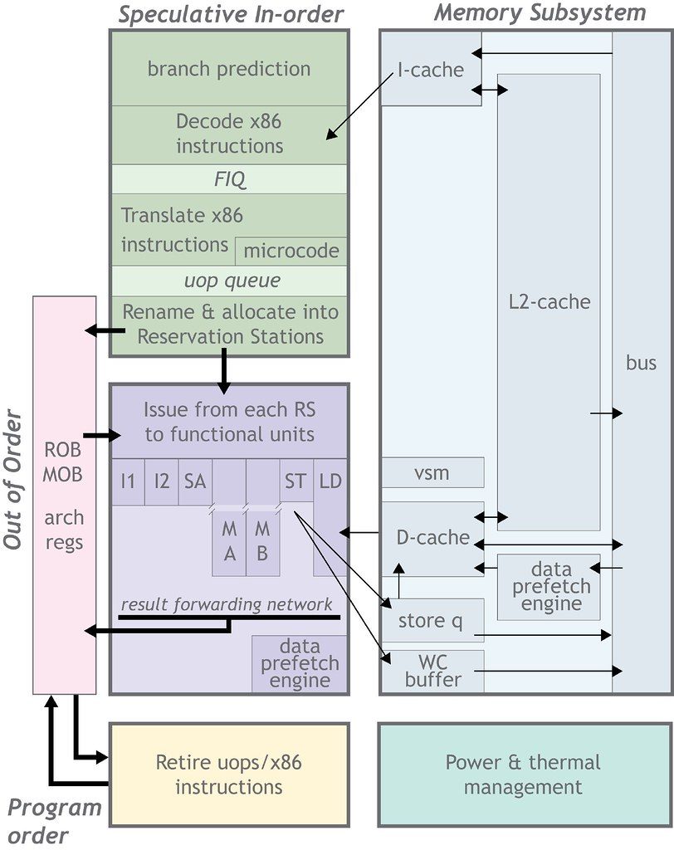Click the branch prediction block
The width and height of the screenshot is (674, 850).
click(x=229, y=69)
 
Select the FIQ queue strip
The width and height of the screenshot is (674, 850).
click(x=229, y=178)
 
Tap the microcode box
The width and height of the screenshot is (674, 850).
click(x=291, y=251)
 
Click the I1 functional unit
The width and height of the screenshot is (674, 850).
click(x=128, y=481)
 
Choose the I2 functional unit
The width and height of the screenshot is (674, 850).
click(x=161, y=481)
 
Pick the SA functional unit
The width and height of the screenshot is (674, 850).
click(x=195, y=481)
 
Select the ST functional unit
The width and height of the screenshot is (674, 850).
click(x=295, y=481)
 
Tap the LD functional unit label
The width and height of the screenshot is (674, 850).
click(x=330, y=481)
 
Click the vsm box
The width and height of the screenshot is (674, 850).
click(x=432, y=472)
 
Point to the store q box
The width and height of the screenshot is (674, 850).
click(x=432, y=620)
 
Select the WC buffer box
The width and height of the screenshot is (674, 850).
click(x=432, y=671)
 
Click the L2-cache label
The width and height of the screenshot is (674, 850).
click(x=549, y=301)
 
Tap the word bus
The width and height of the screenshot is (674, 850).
click(x=641, y=362)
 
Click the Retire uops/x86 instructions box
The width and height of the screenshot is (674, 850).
click(x=229, y=774)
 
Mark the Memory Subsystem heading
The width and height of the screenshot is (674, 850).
click(x=540, y=13)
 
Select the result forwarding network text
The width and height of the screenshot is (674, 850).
click(x=227, y=603)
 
